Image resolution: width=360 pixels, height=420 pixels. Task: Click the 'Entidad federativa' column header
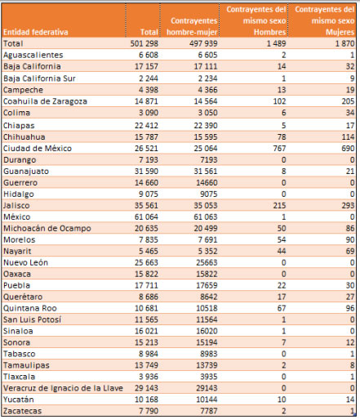(36, 32)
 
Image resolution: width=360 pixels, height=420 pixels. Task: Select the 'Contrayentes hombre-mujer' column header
(192, 26)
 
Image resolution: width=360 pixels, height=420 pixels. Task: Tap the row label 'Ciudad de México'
(38, 149)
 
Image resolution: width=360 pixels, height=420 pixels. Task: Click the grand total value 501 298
(144, 43)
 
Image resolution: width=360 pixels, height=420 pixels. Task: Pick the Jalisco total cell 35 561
(146, 205)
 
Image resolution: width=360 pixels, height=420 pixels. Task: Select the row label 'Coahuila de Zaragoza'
(45, 101)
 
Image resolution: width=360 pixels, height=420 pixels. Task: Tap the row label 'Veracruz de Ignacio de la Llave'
(63, 388)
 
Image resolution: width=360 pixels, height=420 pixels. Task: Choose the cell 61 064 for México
(146, 217)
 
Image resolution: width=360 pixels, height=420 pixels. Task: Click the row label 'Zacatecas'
(22, 411)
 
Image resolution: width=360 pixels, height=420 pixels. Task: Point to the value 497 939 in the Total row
(203, 43)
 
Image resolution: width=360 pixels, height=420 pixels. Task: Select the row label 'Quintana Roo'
(30, 308)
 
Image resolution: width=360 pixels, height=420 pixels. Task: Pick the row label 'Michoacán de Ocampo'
(47, 228)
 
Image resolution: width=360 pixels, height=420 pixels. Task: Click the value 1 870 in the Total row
(344, 43)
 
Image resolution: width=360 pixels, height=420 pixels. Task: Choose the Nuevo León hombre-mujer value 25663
(207, 262)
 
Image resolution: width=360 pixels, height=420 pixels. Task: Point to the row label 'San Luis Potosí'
(32, 319)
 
